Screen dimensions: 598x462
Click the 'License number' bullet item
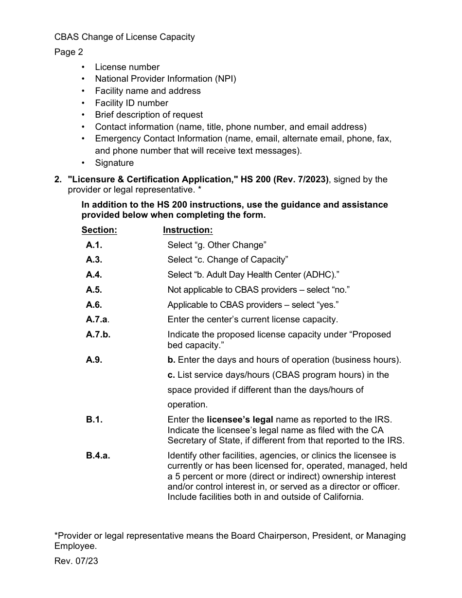click(127, 67)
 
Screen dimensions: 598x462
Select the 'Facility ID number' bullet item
click(131, 103)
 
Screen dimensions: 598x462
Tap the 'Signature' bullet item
click(114, 163)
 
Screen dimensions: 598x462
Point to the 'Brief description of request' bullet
click(149, 115)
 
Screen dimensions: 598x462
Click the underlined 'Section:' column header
click(99, 230)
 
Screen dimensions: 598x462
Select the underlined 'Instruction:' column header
click(188, 230)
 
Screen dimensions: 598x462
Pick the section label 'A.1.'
click(94, 245)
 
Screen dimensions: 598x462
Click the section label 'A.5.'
click(94, 290)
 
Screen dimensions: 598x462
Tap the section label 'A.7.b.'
click(98, 334)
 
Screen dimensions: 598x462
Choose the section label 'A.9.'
click(94, 360)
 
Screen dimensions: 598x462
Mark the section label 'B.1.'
click(94, 420)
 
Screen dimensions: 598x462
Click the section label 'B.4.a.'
click(98, 456)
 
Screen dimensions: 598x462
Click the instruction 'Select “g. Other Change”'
click(217, 245)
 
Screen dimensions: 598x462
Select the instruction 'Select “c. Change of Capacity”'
click(228, 260)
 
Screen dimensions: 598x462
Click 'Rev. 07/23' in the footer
click(76, 561)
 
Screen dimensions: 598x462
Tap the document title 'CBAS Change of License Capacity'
click(124, 37)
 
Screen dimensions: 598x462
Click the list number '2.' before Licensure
click(58, 179)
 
